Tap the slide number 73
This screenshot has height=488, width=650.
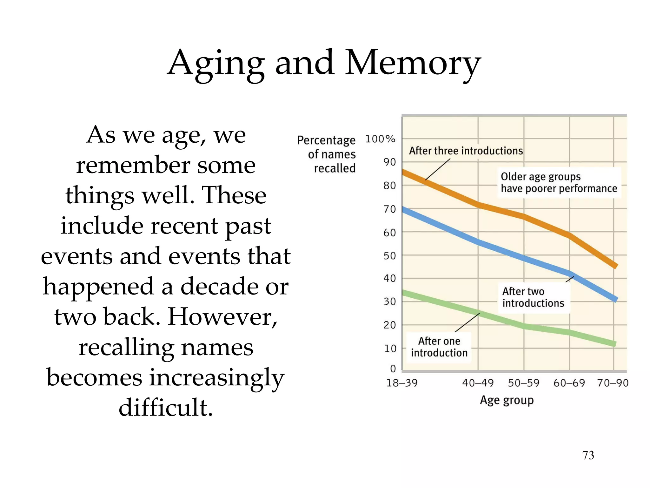click(588, 455)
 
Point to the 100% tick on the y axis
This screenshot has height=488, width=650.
click(380, 139)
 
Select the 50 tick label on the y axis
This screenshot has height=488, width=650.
click(389, 256)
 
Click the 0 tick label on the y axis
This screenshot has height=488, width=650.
click(393, 369)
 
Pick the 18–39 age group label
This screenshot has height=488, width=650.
click(402, 383)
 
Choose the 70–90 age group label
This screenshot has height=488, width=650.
click(613, 383)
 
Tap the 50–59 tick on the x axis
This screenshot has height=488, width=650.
click(523, 383)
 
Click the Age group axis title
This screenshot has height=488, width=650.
click(507, 400)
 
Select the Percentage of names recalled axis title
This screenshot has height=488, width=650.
click(327, 154)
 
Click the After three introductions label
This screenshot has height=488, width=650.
click(466, 151)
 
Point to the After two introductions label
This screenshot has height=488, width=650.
click(533, 297)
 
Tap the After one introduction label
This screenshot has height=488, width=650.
click(439, 347)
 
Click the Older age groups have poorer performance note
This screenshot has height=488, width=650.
click(559, 182)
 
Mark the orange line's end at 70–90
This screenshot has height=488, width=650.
click(615, 265)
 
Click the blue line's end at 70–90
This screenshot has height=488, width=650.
click(615, 299)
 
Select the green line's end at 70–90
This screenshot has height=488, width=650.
click(614, 344)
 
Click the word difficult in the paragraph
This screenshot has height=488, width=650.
click(166, 407)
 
